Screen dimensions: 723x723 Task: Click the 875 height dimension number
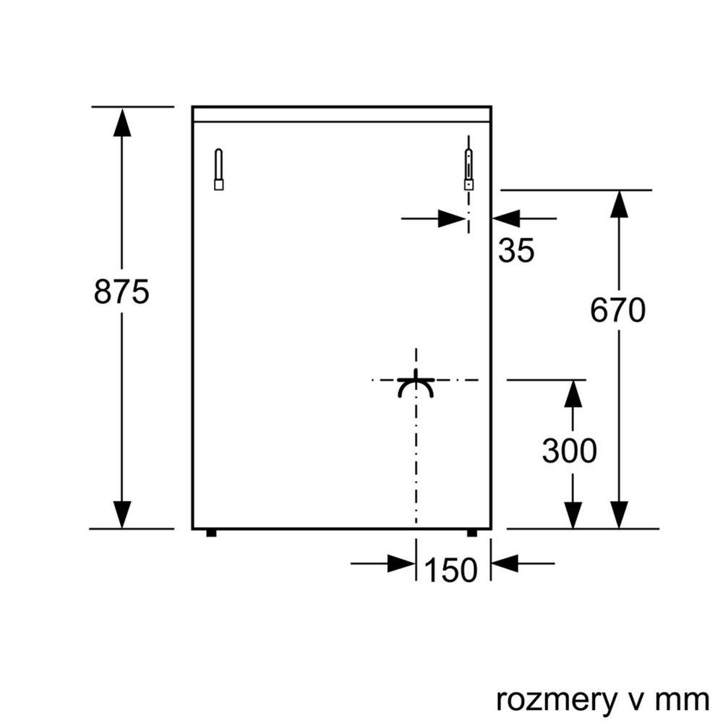[121, 291]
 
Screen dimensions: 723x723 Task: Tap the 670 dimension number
[617, 311]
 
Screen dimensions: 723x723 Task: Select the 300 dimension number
[570, 451]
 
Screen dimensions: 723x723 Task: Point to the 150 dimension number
[451, 571]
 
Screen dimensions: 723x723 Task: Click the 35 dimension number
[516, 251]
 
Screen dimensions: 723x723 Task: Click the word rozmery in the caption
[555, 700]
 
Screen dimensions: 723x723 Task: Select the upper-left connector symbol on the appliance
[218, 170]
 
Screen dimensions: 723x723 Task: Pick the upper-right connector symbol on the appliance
[469, 170]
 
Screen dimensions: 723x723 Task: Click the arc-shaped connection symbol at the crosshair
[416, 386]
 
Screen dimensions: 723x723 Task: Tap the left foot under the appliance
[210, 534]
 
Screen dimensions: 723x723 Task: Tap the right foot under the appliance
[471, 534]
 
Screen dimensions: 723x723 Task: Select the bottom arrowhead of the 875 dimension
[122, 514]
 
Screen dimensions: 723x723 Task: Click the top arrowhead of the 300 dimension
[573, 393]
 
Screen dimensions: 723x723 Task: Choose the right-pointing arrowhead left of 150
[401, 562]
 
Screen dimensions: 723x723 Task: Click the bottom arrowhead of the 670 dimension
[617, 514]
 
